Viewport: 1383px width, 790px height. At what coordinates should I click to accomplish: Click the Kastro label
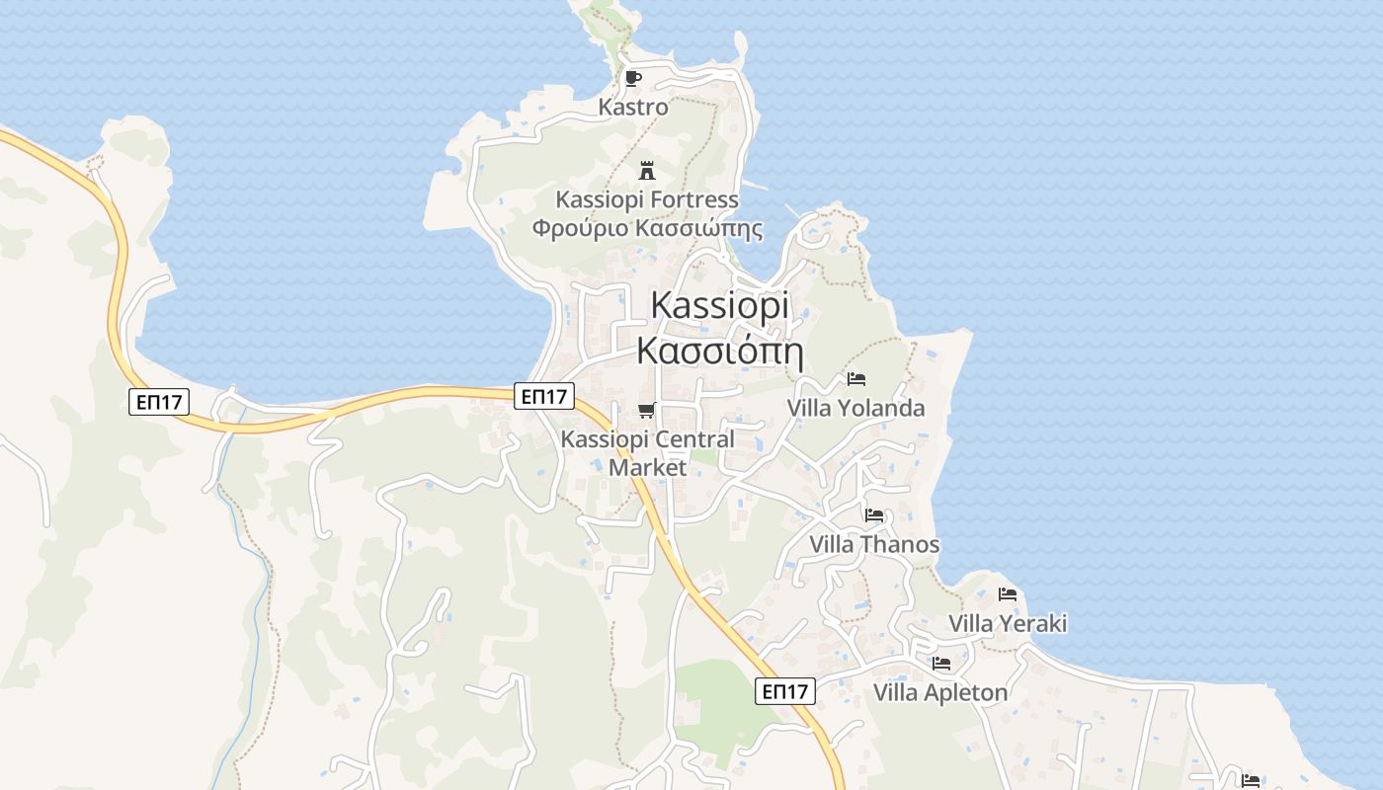pyautogui.click(x=633, y=107)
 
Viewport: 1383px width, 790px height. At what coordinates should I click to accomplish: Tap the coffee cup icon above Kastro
pyautogui.click(x=633, y=78)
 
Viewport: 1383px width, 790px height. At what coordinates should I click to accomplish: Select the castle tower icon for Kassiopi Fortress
pyautogui.click(x=647, y=170)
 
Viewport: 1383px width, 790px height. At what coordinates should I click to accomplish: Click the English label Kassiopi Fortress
pyautogui.click(x=647, y=199)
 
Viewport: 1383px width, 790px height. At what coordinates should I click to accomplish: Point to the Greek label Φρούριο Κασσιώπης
pyautogui.click(x=647, y=229)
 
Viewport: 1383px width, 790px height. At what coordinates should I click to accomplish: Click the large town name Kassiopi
pyautogui.click(x=720, y=306)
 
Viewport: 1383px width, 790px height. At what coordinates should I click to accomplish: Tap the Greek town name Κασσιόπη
pyautogui.click(x=720, y=351)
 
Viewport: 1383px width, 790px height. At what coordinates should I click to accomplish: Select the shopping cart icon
pyautogui.click(x=647, y=410)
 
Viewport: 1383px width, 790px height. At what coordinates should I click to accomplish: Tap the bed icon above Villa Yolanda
pyautogui.click(x=856, y=378)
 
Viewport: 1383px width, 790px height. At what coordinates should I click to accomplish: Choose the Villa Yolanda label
pyautogui.click(x=855, y=408)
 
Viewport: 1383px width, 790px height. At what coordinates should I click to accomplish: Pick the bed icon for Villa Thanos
pyautogui.click(x=874, y=514)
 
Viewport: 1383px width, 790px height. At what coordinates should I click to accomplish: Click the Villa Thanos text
pyautogui.click(x=874, y=544)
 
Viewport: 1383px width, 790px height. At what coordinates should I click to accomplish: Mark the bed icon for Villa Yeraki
pyautogui.click(x=1008, y=593)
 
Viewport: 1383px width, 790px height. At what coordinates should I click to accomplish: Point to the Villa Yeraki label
pyautogui.click(x=1008, y=623)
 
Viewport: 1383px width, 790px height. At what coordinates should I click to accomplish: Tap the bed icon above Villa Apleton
pyautogui.click(x=941, y=663)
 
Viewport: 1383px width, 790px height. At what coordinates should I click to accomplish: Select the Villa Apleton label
pyautogui.click(x=940, y=692)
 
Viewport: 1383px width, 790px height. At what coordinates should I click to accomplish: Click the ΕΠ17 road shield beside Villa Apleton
pyautogui.click(x=786, y=691)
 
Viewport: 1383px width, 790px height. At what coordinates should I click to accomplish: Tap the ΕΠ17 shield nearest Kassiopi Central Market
pyautogui.click(x=544, y=396)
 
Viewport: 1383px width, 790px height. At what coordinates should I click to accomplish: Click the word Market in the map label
pyautogui.click(x=647, y=466)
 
